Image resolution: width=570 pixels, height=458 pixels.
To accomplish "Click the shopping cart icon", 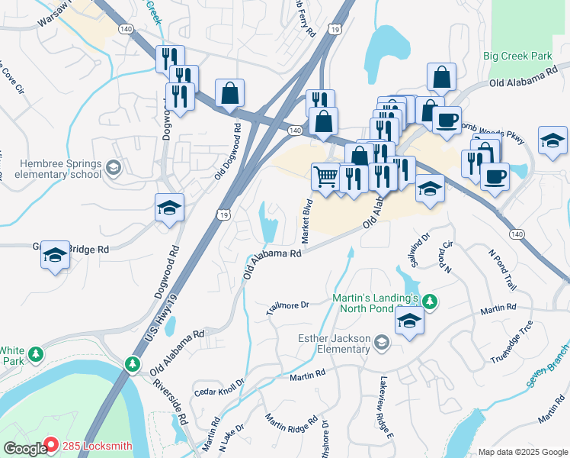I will click(325, 176).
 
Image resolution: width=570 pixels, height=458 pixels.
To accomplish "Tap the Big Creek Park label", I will click(517, 56).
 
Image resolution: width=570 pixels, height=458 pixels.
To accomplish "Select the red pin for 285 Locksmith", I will click(50, 443).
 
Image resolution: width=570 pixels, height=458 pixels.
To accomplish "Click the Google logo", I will click(24, 449).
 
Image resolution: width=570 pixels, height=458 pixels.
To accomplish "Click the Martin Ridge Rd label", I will click(291, 430).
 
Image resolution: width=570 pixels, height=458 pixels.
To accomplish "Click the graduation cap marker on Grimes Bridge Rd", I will click(55, 256).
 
